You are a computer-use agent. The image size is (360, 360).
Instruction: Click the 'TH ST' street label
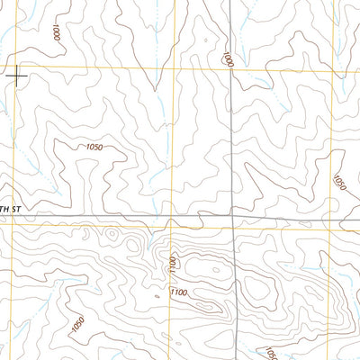pos(10,209)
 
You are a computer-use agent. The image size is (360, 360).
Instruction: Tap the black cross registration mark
pos(16,76)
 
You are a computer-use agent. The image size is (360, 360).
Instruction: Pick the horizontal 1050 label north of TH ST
pos(96,147)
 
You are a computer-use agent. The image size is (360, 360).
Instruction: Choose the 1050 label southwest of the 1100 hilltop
pos(77,321)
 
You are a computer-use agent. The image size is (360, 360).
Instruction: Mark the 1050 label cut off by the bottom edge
pos(270,354)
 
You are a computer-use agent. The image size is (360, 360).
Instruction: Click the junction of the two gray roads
pos(232,216)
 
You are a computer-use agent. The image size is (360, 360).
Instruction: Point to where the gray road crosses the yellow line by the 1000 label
pos(232,69)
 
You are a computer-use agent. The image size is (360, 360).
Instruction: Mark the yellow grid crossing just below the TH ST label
pos(11,227)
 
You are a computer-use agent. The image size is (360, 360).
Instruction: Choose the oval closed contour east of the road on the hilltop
pos(256,286)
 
